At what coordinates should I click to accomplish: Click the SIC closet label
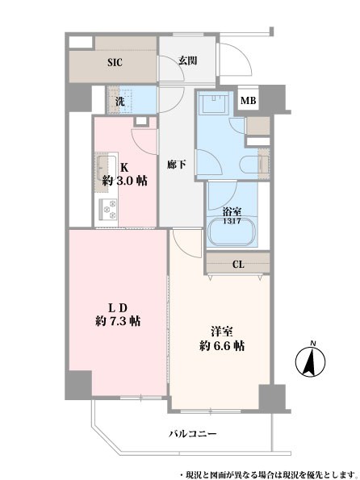115,62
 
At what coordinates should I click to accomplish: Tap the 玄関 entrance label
187,61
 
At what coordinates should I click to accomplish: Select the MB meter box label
248,100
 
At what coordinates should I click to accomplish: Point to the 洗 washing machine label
119,102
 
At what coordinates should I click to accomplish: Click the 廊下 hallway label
177,165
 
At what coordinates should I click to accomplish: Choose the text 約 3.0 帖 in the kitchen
124,182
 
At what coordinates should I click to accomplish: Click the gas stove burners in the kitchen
108,209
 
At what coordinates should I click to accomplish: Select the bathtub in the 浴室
232,232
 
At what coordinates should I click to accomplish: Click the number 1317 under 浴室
232,221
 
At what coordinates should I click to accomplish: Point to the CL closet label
238,265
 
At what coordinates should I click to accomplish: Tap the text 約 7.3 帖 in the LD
118,321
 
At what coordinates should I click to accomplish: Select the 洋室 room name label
221,332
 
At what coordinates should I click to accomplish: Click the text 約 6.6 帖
222,346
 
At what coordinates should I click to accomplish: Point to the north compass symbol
310,362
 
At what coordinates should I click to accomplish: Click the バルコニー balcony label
193,434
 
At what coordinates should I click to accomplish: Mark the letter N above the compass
313,343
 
